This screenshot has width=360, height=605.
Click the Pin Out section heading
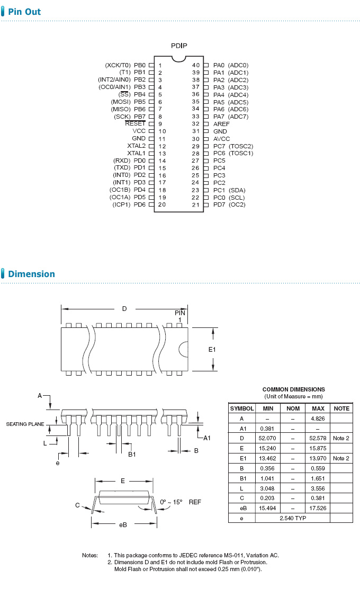24,12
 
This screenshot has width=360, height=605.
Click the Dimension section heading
31,274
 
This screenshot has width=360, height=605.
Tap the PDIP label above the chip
179,46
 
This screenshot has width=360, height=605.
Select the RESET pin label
135,123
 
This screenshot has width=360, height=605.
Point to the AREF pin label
221,123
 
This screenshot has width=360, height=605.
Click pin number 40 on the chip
196,65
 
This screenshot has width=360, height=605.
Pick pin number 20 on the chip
162,204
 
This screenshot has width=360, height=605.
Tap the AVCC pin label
222,138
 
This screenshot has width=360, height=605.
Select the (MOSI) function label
121,102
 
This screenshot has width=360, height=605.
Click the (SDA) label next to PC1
237,190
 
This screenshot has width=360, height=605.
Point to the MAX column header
318,408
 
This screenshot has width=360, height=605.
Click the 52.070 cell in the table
268,439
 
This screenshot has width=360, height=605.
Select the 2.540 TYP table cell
292,518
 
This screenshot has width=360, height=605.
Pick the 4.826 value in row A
318,419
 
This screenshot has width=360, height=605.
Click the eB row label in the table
242,508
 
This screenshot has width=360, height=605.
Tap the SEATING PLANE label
25,424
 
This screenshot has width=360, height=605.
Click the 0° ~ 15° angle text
171,502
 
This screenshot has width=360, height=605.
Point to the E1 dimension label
212,350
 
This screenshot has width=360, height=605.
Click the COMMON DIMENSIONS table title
293,389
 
